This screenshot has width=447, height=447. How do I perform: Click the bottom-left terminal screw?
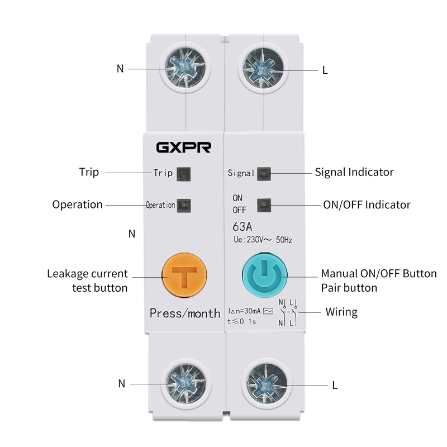(184, 383)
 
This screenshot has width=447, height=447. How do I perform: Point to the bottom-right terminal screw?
(264, 384)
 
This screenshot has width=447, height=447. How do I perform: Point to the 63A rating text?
(241, 227)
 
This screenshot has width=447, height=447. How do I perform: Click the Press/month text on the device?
(185, 313)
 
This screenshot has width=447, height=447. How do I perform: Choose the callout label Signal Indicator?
(354, 172)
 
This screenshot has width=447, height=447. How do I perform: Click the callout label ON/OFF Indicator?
(367, 205)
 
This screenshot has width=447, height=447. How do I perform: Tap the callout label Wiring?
(341, 312)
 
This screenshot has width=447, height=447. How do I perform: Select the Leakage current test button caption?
(87, 280)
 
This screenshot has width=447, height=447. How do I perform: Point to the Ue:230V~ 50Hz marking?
(262, 240)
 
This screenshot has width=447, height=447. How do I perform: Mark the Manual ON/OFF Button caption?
(378, 274)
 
